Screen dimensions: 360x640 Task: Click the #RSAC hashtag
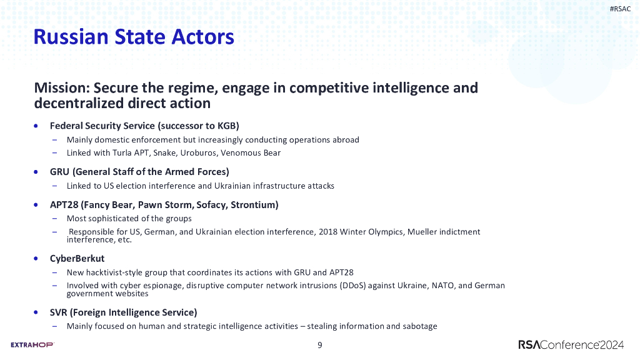[620, 9]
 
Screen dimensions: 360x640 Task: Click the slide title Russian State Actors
[134, 37]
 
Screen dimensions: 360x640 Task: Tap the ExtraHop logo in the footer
[32, 344]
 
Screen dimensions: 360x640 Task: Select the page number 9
[320, 345]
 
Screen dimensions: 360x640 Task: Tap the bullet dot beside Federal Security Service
[37, 126]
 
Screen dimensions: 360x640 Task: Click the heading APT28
[64, 204]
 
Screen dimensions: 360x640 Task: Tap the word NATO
[439, 286]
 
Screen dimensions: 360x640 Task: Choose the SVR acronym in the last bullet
[59, 312]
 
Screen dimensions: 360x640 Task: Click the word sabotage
[419, 326]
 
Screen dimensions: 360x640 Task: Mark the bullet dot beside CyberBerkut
[37, 257]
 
